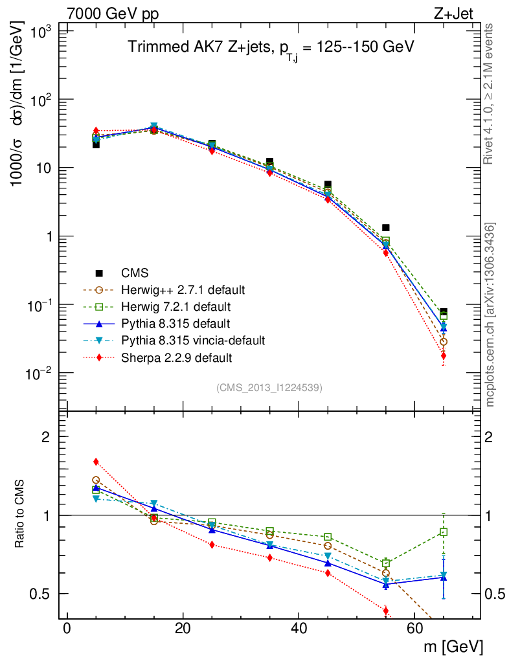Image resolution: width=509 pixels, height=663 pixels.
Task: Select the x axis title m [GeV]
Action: (453, 647)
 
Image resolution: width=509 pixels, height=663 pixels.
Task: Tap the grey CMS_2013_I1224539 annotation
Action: (269, 388)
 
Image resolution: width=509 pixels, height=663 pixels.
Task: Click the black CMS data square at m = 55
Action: (385, 228)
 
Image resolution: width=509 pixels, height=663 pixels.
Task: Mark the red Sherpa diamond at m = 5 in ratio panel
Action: (96, 462)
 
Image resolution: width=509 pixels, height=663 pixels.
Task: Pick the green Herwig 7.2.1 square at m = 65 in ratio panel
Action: (443, 532)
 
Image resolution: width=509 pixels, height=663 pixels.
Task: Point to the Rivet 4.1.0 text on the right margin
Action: (490, 94)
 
